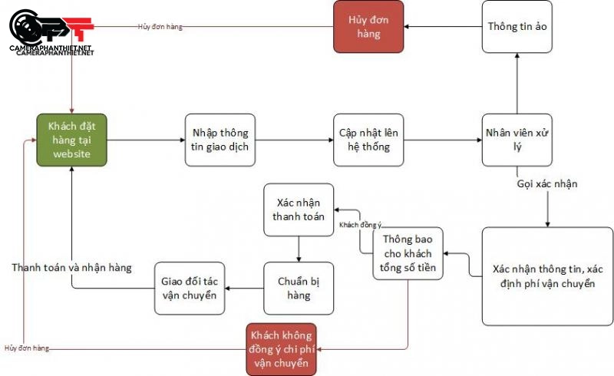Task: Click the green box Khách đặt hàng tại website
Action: point(71,140)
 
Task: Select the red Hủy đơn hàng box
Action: point(368,27)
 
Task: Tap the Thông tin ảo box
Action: point(517,27)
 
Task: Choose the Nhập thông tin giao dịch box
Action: point(220,140)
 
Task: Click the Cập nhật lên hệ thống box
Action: point(368,140)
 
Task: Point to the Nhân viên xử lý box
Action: point(517,140)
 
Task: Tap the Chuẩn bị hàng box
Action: point(299,288)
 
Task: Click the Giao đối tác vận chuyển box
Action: point(190,288)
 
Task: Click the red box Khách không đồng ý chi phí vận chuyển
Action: point(281,349)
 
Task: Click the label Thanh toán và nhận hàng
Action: point(71,268)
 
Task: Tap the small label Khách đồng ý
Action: point(360,225)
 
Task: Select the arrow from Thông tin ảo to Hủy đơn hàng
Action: point(444,27)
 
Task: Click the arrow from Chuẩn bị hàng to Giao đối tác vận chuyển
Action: point(244,289)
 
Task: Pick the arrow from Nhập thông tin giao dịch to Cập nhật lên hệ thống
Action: point(294,140)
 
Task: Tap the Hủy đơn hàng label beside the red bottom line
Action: point(26,348)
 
